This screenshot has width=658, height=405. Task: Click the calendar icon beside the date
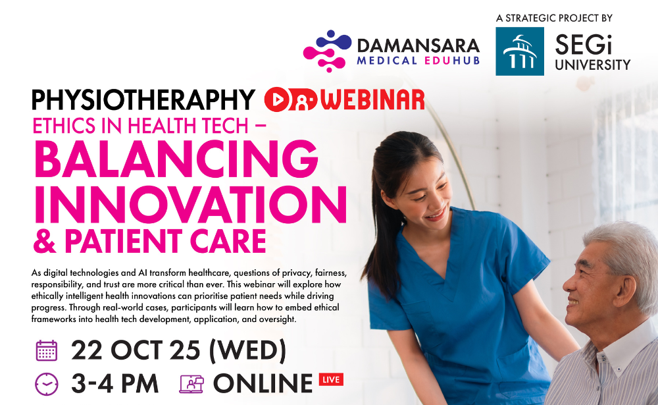47,351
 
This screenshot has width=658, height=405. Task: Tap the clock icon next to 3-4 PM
47,384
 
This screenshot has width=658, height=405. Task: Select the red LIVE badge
331,379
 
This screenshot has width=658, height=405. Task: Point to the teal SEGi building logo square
520,51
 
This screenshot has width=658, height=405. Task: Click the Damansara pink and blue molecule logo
327,51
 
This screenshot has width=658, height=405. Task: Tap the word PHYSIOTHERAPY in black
143,100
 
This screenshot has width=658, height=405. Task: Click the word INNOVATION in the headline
191,204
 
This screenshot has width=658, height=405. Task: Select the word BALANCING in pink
176,159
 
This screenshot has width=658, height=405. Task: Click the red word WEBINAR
373,100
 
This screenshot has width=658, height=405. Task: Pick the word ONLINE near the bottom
263,383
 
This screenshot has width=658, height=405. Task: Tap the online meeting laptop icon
191,384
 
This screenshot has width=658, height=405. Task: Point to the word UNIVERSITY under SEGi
593,65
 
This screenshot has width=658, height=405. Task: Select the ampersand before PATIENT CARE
45,242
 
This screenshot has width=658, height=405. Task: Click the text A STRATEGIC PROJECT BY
554,18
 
